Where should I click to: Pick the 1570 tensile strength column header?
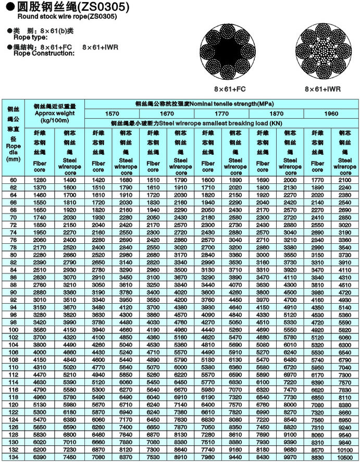(111, 113)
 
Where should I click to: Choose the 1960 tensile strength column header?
(331, 113)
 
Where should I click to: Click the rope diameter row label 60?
(13, 180)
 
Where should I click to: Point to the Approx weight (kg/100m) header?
(58, 112)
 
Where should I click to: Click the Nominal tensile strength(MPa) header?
(221, 103)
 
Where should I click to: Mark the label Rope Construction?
(34, 54)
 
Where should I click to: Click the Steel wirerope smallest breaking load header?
(221, 123)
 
